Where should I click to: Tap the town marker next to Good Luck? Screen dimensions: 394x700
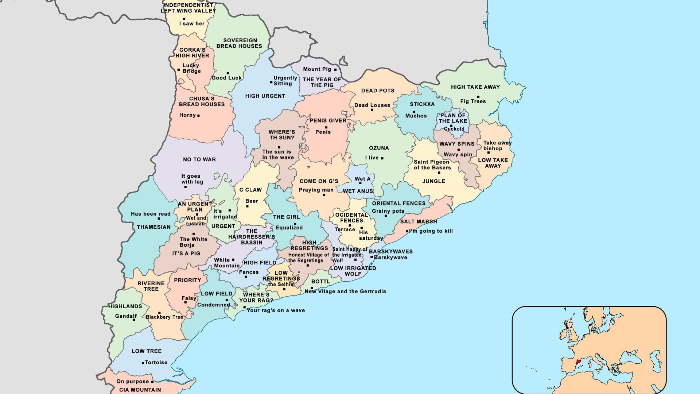point(228,73)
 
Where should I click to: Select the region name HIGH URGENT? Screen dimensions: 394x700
point(265,96)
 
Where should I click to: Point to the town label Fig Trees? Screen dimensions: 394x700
point(473,101)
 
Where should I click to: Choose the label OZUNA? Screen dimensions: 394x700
point(379,148)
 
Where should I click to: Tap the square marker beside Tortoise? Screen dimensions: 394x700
point(143,363)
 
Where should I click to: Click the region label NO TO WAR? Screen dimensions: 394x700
point(199,159)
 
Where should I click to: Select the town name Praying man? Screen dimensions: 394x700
point(316,190)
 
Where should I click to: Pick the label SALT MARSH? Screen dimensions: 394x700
point(419,221)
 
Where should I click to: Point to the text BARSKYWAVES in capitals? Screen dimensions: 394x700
point(391,251)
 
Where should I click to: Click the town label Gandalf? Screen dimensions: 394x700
point(126,316)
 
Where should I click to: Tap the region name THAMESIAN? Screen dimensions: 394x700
point(153,227)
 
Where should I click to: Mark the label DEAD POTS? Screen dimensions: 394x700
point(378,90)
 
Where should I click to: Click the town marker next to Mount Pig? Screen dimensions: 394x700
point(335,69)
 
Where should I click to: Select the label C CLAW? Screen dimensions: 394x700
point(250,190)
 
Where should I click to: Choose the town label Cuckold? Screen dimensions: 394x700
point(454,129)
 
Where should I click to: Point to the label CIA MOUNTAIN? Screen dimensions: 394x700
point(140,390)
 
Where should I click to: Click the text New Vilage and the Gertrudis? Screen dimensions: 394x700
point(345,291)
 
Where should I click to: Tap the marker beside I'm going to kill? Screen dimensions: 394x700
point(407,231)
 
